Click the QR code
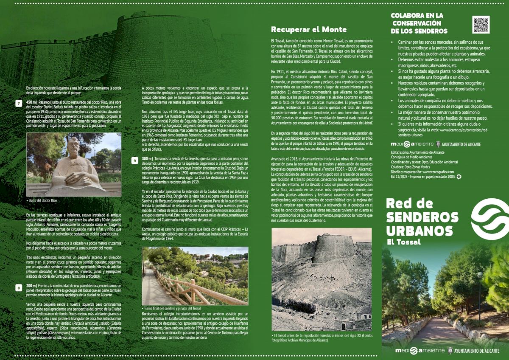coord(481,25)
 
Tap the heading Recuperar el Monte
coord(309,30)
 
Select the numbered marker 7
coord(18,103)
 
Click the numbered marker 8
coord(18,288)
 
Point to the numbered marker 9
coord(134,160)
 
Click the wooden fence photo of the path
coord(195,276)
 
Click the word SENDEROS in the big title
coord(422,217)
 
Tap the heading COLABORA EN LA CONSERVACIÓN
coord(417,23)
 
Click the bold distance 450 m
coord(32,102)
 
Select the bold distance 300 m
coord(147,158)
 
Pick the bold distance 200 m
coord(31,286)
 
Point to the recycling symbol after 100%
coord(459,177)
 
